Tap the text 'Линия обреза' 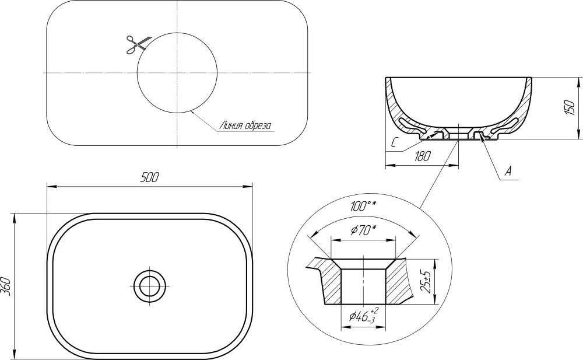tap(245, 125)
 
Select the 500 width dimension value tap(149, 177)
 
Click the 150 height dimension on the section tap(570, 107)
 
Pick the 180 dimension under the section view tap(422, 156)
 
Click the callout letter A tap(508, 172)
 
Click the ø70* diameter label tap(363, 230)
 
